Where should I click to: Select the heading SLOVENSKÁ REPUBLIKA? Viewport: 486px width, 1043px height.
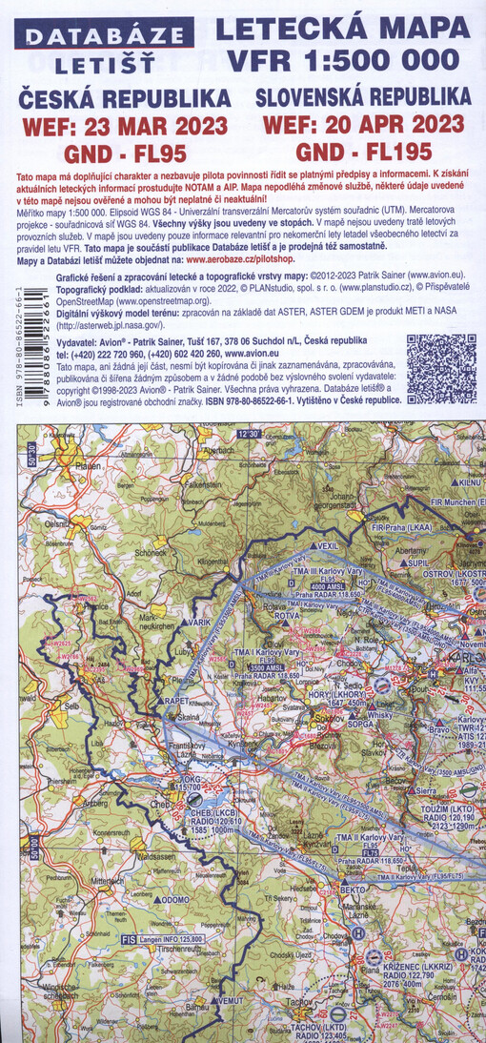[x=362, y=97]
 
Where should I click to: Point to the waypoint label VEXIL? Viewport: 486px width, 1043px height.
[x=327, y=545]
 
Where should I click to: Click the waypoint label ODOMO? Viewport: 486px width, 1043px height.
[x=174, y=898]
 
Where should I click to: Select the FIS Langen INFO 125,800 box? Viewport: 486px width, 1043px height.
[x=157, y=940]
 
